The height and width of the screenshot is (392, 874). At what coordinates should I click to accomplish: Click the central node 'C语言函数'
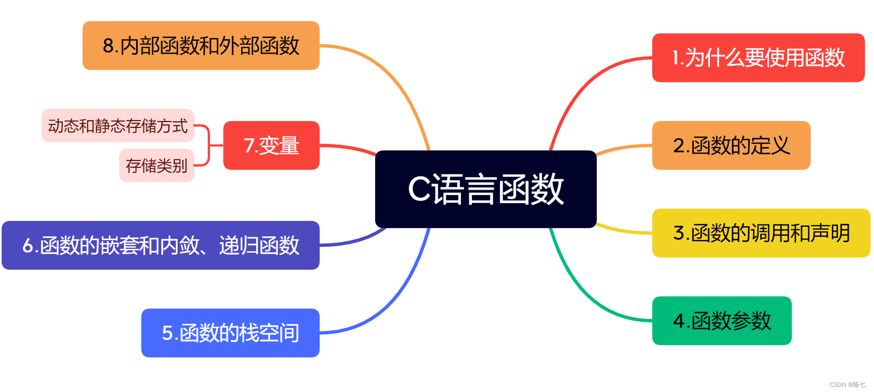(x=485, y=189)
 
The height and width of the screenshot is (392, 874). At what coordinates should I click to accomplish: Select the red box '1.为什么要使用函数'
(x=758, y=58)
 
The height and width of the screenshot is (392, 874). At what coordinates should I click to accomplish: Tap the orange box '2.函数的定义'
(x=731, y=145)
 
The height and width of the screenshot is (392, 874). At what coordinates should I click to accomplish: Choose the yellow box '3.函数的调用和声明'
(x=761, y=233)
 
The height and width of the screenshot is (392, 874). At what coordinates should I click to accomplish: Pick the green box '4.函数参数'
(x=721, y=320)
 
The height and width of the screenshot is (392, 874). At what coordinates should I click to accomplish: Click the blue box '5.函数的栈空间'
(x=230, y=332)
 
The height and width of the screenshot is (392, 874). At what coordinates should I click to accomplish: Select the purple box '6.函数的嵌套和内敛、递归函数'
(x=160, y=245)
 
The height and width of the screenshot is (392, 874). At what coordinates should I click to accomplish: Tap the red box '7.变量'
(x=271, y=145)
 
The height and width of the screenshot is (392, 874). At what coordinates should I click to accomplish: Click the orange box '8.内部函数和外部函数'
(x=201, y=46)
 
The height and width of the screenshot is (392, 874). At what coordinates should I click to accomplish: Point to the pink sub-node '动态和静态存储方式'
(x=118, y=125)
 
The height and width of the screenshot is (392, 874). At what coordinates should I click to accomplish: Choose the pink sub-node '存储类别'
(x=156, y=165)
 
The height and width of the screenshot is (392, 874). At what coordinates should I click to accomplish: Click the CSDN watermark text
(x=848, y=385)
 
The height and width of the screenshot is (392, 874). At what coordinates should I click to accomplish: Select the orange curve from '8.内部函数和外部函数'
(x=393, y=77)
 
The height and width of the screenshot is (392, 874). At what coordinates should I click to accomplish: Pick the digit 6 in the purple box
(x=27, y=245)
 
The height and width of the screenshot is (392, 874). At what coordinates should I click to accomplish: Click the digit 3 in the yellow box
(x=678, y=233)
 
